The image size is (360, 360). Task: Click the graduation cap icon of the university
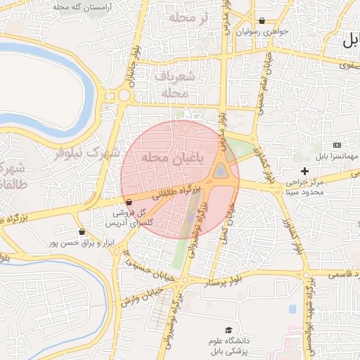tap(228, 330)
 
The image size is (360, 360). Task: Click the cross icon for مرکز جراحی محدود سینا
tap(304, 171)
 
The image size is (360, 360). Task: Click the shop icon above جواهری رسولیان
tap(262, 21)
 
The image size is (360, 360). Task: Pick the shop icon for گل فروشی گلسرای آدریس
tap(128, 202)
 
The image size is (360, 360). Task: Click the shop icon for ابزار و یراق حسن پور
tap(82, 231)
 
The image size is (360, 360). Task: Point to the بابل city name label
tap(350, 41)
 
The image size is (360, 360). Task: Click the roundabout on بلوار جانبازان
tap(124, 95)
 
